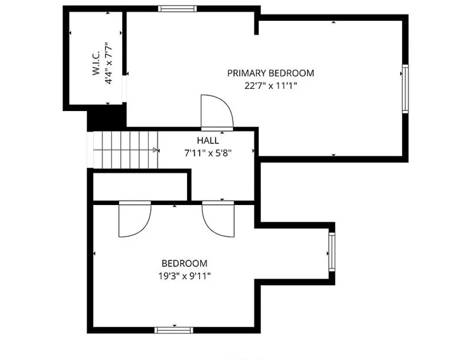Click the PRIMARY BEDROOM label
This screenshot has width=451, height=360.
pos(270,73)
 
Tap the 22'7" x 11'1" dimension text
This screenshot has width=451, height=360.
pos(270,86)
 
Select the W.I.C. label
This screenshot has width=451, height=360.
pos(96,63)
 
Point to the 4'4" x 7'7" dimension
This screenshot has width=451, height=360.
pos(108,63)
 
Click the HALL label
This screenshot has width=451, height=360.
pos(208,140)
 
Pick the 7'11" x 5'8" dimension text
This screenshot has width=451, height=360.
pos(208,153)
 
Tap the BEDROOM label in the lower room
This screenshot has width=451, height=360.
pos(184,263)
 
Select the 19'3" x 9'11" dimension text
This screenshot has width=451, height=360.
pos(184,276)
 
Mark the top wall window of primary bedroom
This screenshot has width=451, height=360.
pos(178,9)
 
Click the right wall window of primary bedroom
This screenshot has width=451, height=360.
pos(405,89)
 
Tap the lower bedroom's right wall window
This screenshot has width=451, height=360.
pos(331,252)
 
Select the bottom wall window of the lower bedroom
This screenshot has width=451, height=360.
pos(174,330)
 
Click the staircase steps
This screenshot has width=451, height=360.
pos(126,149)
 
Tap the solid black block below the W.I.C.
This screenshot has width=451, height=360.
pos(107,118)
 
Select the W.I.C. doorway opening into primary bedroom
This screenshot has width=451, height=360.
pos(125,89)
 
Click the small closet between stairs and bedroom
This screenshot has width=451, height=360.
pos(140,186)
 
